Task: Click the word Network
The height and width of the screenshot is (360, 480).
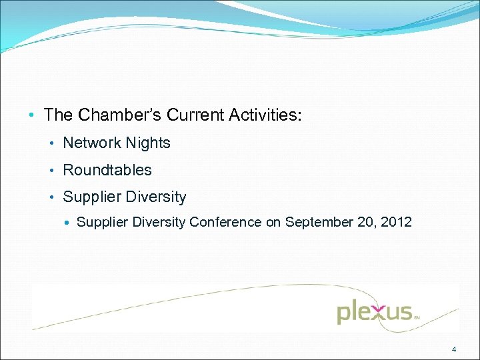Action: coord(89,143)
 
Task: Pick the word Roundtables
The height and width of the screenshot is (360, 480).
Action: coord(107,170)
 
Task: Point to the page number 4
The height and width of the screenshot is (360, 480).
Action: coord(454,349)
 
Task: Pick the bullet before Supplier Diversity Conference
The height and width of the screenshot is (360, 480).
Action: coord(69,223)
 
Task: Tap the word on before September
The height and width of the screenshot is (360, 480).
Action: coord(273,222)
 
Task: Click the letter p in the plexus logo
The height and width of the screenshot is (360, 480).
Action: coord(343,313)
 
